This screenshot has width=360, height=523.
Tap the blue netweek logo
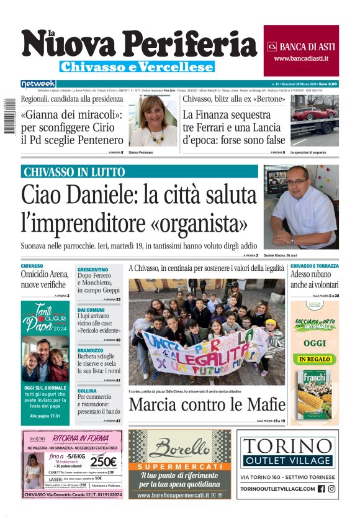pos(38,84)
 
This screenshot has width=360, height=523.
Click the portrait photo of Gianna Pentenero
pos(153,121)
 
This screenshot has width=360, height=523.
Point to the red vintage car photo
pos(314,121)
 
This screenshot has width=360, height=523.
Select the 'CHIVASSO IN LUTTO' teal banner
pos(139,172)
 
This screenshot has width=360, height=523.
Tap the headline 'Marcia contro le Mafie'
pos(207,406)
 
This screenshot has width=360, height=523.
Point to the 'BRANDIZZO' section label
pos(91,350)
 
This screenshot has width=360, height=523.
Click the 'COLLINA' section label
pos(88,391)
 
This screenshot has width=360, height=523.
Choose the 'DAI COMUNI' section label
pos(91,309)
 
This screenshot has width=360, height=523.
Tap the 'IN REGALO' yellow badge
pos(314,359)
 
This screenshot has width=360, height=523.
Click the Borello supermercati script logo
pos(180,447)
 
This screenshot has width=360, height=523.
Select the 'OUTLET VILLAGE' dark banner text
pos(288,460)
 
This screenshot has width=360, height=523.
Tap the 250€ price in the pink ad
pos(104,462)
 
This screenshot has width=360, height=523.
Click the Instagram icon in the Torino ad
pos(332,489)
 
